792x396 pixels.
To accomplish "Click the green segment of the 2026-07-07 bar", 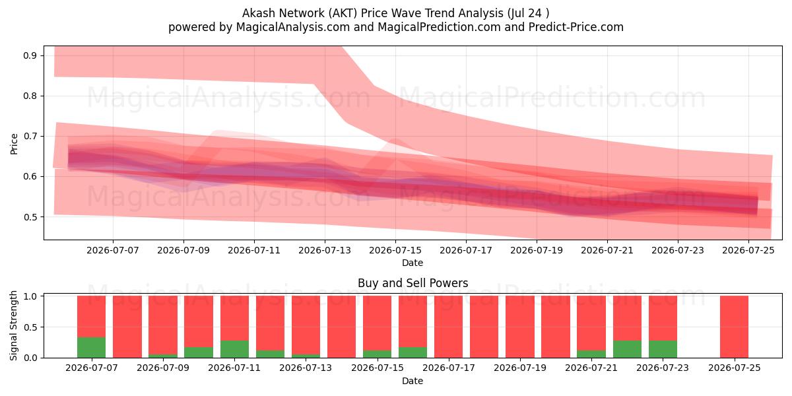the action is tap(91, 348).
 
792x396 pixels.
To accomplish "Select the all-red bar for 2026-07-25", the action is tap(735, 327).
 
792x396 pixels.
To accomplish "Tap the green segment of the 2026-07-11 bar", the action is tap(234, 349).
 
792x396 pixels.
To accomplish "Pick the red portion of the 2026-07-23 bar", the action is tap(663, 318).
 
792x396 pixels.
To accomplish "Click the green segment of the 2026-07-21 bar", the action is tap(591, 354).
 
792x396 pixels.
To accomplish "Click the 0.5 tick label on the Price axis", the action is tap(30, 216).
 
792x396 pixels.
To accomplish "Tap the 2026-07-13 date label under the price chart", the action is tap(325, 250).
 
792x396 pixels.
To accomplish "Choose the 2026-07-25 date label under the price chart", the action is tap(748, 250).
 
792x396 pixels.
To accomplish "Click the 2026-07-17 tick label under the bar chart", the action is tap(449, 368).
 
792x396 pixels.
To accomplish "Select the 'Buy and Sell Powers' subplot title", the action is tap(412, 283).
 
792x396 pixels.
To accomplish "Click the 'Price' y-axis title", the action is tap(14, 144).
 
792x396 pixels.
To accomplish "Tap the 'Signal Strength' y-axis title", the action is tap(13, 325).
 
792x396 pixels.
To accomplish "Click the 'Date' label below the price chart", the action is tap(412, 263).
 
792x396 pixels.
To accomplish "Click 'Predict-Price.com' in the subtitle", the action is tap(576, 27).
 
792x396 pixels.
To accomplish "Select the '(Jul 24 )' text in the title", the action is tap(528, 13).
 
